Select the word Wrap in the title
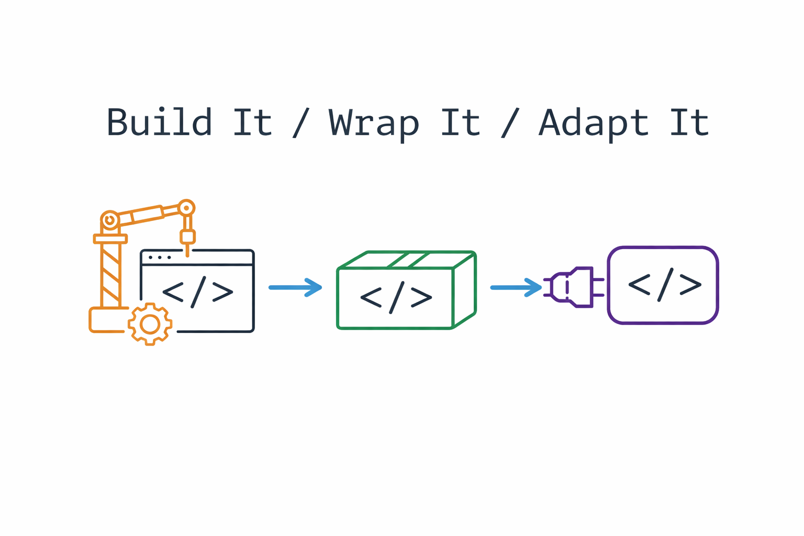[x=374, y=123]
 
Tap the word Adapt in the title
[x=594, y=123]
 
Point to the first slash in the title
[x=301, y=123]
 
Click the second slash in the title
[x=510, y=123]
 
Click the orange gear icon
[x=150, y=325]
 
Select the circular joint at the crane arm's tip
[x=186, y=208]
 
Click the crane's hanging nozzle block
[x=187, y=237]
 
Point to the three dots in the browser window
[x=160, y=258]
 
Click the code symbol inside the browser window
[x=198, y=292]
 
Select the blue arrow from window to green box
[x=295, y=287]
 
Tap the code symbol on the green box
[x=396, y=297]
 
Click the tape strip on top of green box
[x=408, y=260]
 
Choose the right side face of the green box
[x=465, y=291]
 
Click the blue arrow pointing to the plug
[x=516, y=287]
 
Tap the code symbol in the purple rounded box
[x=665, y=285]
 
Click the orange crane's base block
[x=107, y=320]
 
